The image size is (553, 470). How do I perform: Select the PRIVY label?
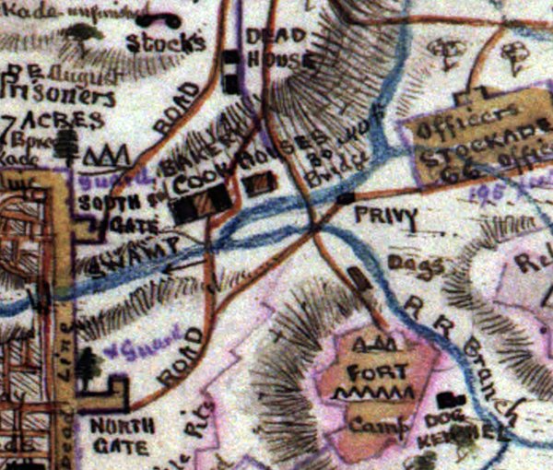point(391,217)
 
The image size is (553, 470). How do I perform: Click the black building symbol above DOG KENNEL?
point(451,400)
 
